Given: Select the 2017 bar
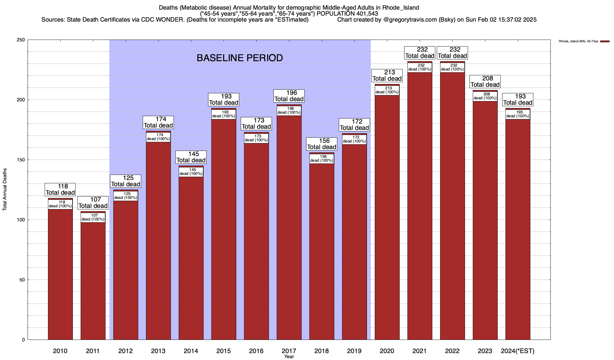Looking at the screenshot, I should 289,228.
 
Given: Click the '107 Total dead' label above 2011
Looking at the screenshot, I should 93,203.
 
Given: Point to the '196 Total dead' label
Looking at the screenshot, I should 289,96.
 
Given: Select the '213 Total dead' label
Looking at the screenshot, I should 387,76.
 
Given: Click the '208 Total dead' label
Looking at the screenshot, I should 485,82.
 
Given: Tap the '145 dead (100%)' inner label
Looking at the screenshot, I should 191,172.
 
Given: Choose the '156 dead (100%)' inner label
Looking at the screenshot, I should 322,159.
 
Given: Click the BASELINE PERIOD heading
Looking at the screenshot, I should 240,58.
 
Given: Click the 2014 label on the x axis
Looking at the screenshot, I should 191,351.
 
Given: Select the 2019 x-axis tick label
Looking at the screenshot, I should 354,351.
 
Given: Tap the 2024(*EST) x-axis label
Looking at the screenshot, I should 518,351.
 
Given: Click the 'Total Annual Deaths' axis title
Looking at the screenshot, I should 5,190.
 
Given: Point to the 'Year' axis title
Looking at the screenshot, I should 289,357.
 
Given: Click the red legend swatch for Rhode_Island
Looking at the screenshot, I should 605,41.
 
